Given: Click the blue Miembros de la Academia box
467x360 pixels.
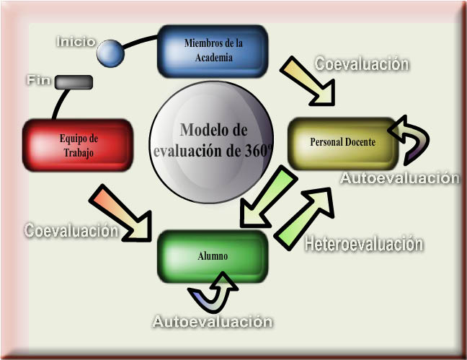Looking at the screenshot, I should coord(212,51).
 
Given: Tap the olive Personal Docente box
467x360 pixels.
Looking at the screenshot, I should coord(342,143).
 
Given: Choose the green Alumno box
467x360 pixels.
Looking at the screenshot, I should coord(213,256).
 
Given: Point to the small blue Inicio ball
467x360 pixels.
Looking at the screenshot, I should coord(110,53).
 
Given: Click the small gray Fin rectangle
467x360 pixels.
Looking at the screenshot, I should coord(74,82).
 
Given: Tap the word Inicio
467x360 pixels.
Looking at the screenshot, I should coord(76,42).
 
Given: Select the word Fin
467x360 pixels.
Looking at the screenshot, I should coord(39,80).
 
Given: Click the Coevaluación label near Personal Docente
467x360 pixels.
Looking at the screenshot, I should coord(362,64).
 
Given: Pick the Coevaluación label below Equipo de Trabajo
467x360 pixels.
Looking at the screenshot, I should coord(71,231).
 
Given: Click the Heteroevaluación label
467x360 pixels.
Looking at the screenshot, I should coord(363,244).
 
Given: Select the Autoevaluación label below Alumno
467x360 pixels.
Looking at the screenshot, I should coord(212,321).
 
